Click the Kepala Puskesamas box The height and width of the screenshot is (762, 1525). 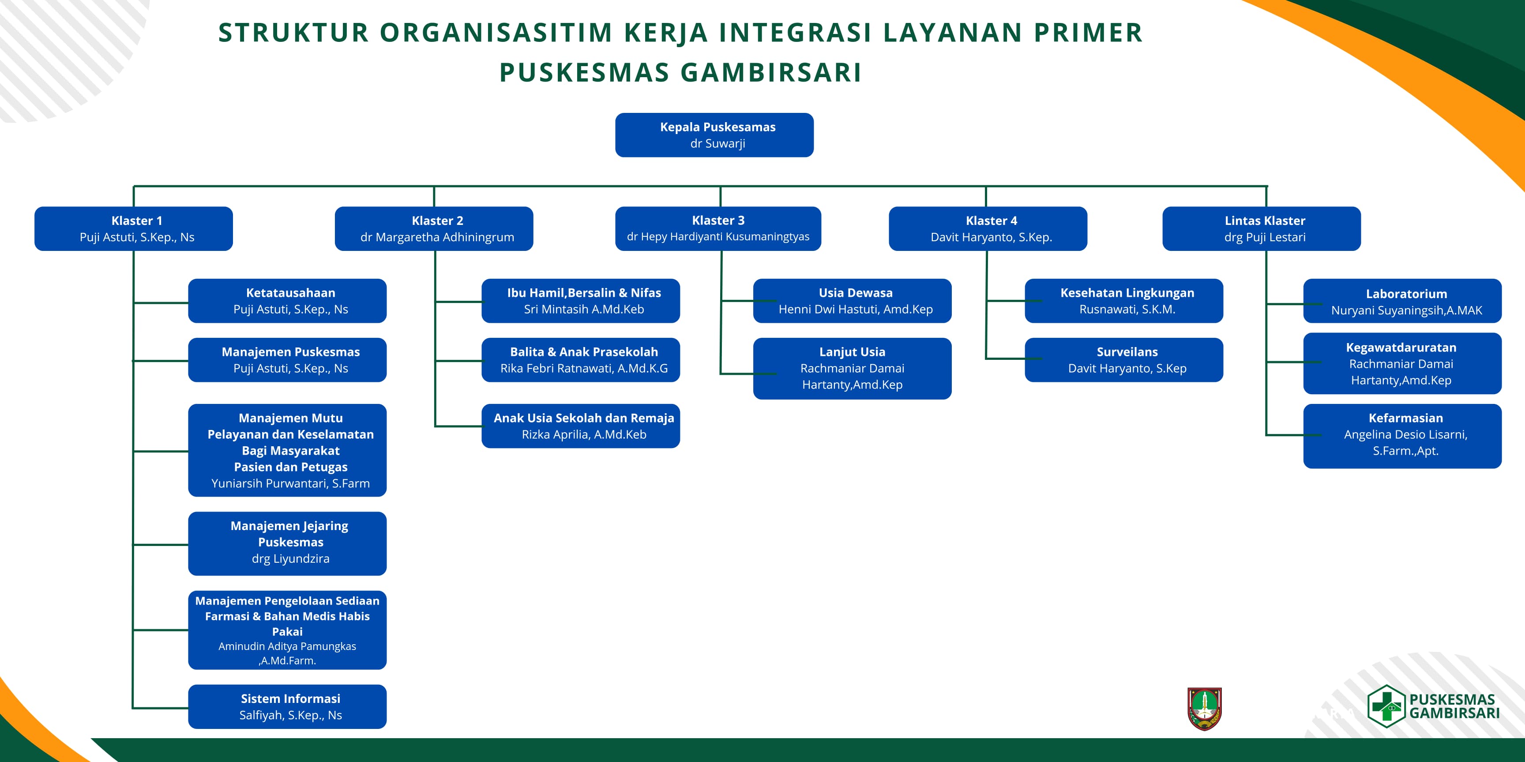tap(714, 135)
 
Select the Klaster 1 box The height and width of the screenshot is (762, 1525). tap(134, 228)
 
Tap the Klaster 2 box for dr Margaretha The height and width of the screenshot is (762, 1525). tap(434, 228)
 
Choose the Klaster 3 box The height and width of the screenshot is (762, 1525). tap(718, 228)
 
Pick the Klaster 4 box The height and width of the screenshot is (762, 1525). tap(988, 228)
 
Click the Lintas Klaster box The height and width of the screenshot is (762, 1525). tap(1262, 228)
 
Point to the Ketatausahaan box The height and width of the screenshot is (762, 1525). tap(288, 301)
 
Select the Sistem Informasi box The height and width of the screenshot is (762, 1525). tap(288, 706)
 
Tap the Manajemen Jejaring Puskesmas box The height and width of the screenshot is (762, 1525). tap(288, 543)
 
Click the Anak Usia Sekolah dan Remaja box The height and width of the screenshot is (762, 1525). tap(581, 426)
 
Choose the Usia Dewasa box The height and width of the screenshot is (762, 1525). tap(853, 301)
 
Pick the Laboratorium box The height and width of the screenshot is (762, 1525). tap(1402, 301)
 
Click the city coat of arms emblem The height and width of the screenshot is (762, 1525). tap(1205, 709)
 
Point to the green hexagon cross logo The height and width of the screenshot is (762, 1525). tap(1386, 706)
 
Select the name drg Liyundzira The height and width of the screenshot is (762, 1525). tap(291, 558)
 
